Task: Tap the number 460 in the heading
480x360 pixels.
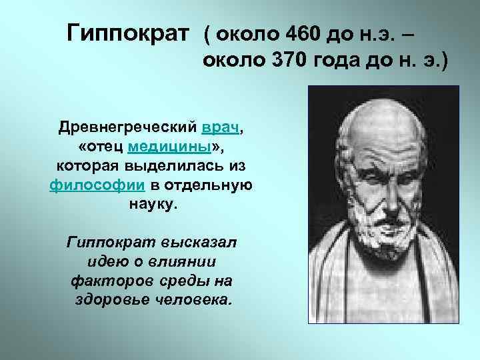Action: pos(294,33)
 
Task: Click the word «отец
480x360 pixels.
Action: pos(99,146)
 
